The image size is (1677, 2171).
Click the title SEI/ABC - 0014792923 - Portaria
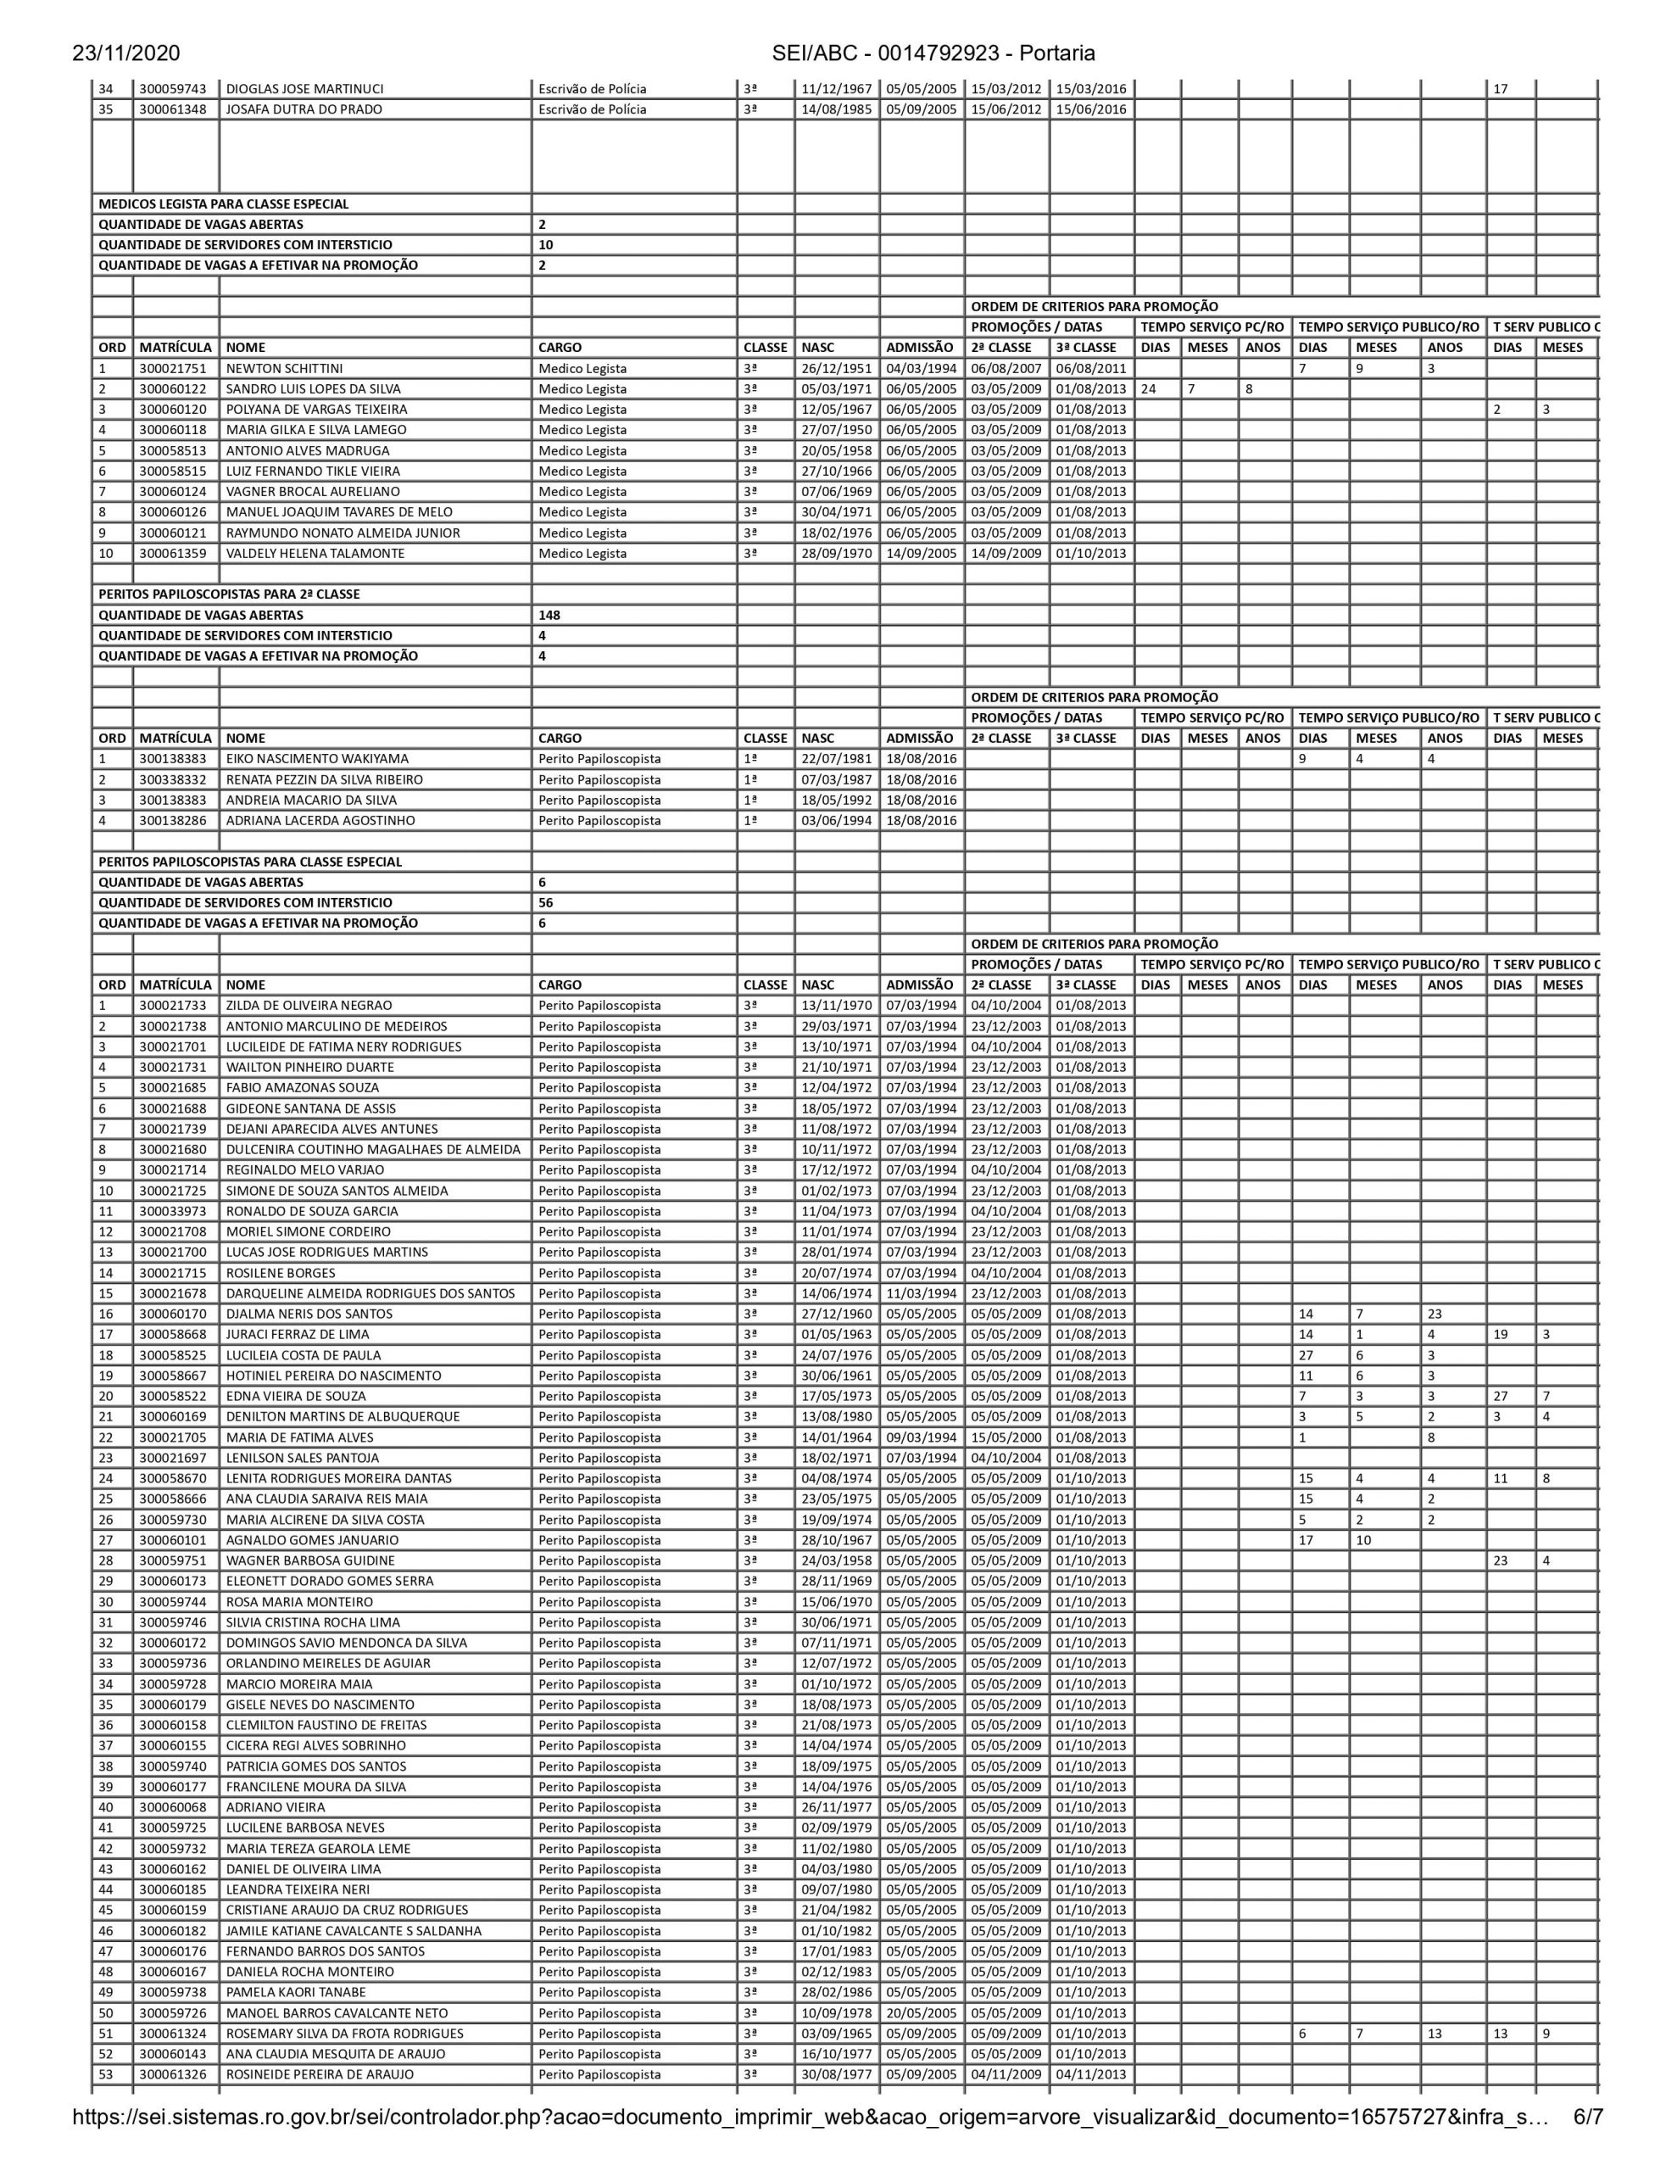click(933, 53)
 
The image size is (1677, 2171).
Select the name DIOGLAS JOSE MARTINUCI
click(304, 88)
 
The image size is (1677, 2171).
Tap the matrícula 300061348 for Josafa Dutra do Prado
click(173, 109)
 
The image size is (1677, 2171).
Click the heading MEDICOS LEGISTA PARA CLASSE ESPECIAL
click(224, 204)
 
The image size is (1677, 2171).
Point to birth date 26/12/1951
click(837, 369)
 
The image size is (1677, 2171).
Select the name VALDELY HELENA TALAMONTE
click(315, 554)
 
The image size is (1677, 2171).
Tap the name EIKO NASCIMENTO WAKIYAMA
click(317, 758)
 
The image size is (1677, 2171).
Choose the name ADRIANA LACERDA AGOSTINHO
click(320, 820)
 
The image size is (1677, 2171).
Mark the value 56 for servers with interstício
click(546, 902)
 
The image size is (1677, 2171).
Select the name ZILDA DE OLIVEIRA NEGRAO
click(309, 1005)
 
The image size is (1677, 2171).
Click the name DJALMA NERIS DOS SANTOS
click(309, 1313)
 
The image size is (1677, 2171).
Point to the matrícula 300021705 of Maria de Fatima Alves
click(173, 1437)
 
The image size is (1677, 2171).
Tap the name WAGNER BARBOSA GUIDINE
click(310, 1560)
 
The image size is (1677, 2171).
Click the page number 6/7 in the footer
click(1585, 2137)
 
